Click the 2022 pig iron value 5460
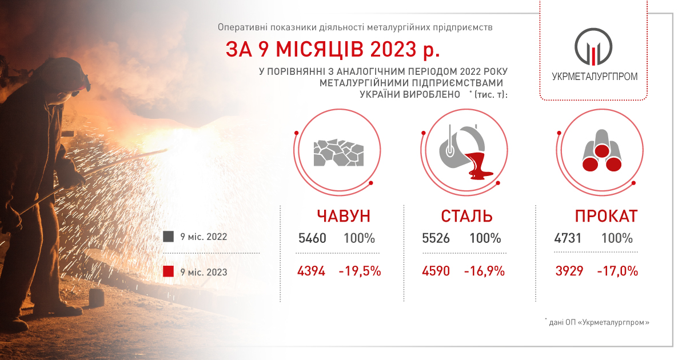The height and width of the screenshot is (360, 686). point(312,238)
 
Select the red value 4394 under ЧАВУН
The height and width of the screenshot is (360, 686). point(311,271)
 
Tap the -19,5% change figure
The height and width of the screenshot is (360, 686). point(360,271)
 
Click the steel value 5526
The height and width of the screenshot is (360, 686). point(436,238)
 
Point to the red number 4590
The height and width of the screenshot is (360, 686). point(436,271)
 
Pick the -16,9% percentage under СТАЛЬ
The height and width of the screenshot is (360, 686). point(484,271)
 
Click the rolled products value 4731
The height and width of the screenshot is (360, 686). point(568,238)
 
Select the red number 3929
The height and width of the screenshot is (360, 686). point(569,271)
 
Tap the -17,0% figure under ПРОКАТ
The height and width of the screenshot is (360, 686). point(617,271)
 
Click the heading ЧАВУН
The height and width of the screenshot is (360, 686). point(344,216)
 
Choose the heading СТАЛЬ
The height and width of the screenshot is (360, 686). point(466,216)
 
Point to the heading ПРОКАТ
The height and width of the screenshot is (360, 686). point(607,216)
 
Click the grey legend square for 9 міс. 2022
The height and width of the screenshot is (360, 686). point(168,237)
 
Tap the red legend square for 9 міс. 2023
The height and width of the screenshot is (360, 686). point(168,271)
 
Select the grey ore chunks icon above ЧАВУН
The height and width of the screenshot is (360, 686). point(338,153)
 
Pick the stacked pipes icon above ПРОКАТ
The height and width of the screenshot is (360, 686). point(602,151)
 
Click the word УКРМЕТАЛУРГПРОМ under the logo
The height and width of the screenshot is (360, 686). point(595,77)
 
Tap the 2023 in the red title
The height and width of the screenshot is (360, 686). point(393,49)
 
